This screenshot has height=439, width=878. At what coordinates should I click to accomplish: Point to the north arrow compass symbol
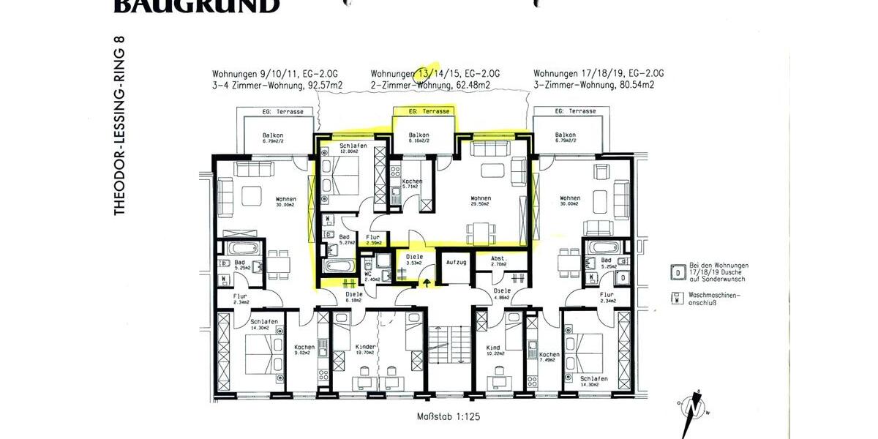pyautogui.click(x=692, y=407)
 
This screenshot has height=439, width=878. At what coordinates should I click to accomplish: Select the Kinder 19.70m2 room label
pyautogui.click(x=366, y=350)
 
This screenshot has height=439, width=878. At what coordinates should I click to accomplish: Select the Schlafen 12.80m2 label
pyautogui.click(x=353, y=149)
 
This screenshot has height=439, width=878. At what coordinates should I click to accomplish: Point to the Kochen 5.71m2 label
pyautogui.click(x=412, y=184)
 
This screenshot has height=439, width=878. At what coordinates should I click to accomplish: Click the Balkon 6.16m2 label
pyautogui.click(x=419, y=139)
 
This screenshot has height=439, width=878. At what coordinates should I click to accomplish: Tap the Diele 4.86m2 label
pyautogui.click(x=502, y=294)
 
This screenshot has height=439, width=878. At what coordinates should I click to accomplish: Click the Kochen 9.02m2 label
pyautogui.click(x=304, y=350)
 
